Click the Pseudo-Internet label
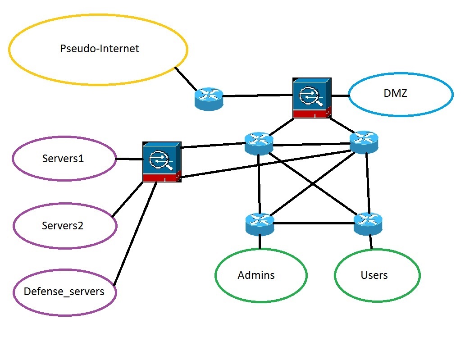(100, 49)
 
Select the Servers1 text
(63, 159)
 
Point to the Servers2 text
(63, 226)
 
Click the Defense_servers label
(64, 292)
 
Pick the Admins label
(256, 275)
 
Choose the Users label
(374, 275)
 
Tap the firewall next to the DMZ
(311, 98)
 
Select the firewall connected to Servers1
(162, 162)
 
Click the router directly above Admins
(260, 224)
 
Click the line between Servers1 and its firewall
(129, 159)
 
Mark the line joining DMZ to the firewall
(340, 96)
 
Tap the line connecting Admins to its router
(260, 242)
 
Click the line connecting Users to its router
(370, 242)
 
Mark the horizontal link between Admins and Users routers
(314, 223)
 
